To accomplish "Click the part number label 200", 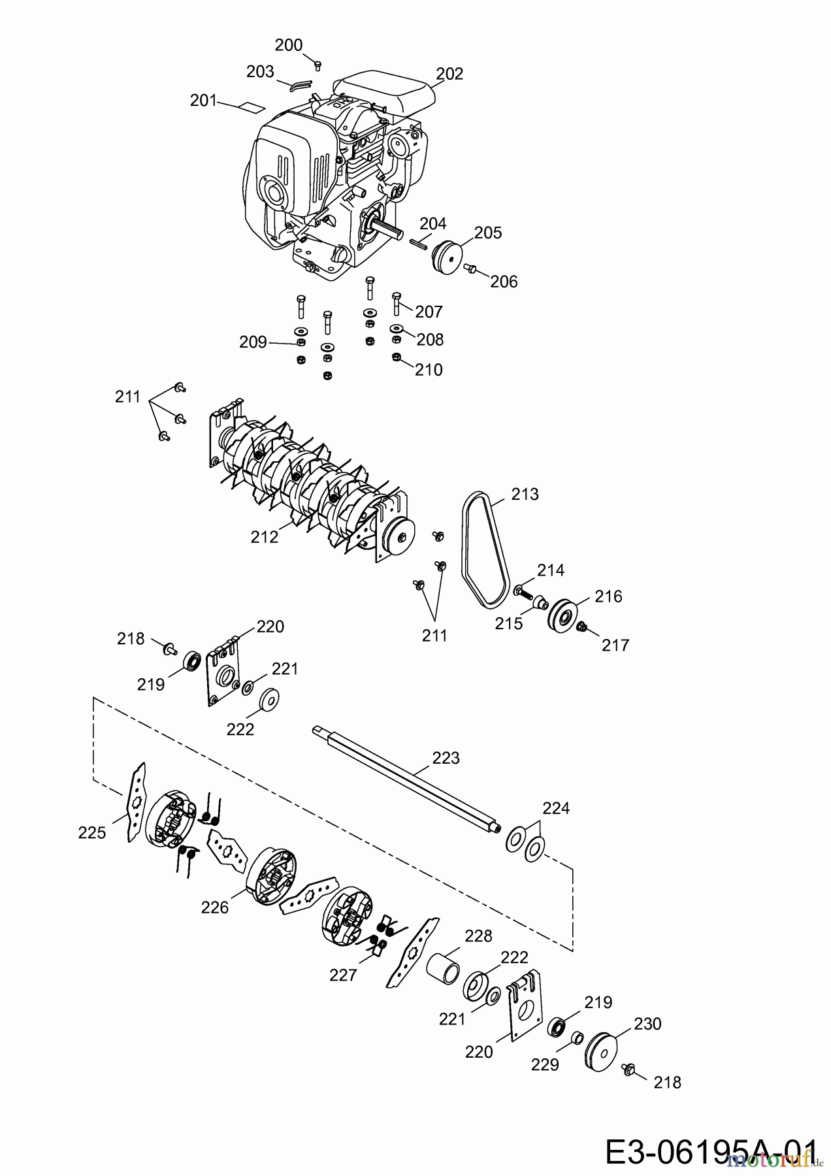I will [x=288, y=44].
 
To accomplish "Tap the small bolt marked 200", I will [x=318, y=64].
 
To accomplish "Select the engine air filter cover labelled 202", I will [x=384, y=93].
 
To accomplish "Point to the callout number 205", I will [x=488, y=233].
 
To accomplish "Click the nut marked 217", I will [x=583, y=627].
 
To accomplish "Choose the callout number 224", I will [x=556, y=808].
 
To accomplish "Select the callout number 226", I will [x=215, y=907].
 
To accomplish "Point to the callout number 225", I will [x=91, y=832].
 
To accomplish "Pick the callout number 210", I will [x=429, y=370].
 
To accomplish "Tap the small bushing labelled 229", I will [x=577, y=1038].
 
